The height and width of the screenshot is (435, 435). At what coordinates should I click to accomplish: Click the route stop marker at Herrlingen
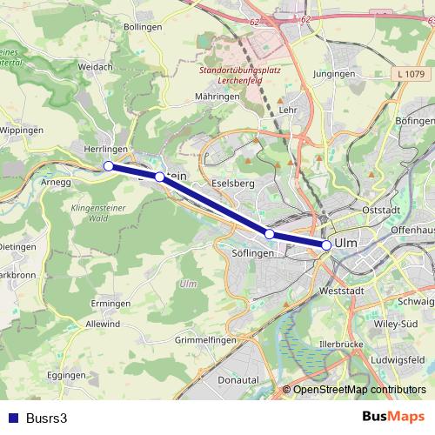tap(109, 166)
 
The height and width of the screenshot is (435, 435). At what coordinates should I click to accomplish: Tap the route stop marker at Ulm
tap(326, 245)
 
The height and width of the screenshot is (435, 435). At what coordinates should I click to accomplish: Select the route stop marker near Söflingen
tap(270, 234)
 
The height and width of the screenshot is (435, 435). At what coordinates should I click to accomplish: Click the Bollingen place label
tap(144, 28)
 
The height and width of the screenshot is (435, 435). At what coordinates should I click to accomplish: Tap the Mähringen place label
tap(217, 96)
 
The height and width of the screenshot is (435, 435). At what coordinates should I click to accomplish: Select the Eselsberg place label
tap(232, 184)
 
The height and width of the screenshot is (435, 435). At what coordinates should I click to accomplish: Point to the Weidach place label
tap(95, 66)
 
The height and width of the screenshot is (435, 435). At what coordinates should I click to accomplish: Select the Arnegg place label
tap(55, 183)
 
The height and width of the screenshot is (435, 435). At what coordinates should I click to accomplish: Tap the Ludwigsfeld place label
tap(397, 358)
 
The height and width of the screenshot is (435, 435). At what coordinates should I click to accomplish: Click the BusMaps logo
tap(393, 417)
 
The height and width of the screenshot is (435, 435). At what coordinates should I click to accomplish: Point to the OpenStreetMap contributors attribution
tap(359, 390)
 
